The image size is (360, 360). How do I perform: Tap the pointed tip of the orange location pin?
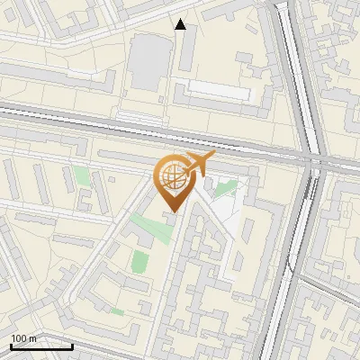pos(171,211)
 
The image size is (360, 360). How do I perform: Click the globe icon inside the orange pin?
pos(170,177)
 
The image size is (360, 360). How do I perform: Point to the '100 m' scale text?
pos(23,338)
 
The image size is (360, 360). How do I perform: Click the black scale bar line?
pos(41,346)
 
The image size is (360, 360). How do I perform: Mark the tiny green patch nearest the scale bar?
pos(117,311)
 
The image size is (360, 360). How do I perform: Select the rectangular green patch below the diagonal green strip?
pos(139,262)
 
